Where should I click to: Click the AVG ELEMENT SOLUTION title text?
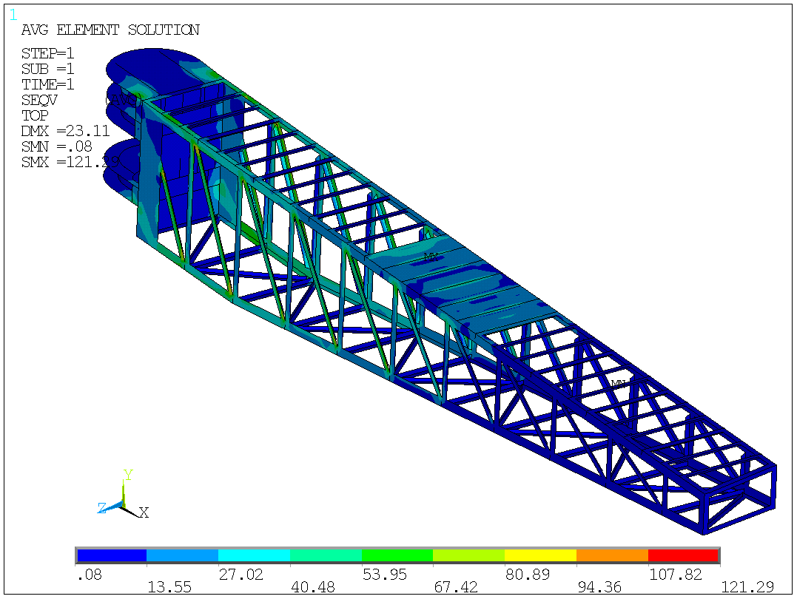point(110,30)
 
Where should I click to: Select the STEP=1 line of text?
point(47,54)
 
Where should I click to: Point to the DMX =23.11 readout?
point(65,131)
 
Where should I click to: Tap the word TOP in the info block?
point(35,115)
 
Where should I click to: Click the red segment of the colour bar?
point(683,555)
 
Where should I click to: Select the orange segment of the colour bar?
point(612,555)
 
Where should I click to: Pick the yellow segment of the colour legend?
point(540,555)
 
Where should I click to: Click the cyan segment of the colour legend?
point(254,555)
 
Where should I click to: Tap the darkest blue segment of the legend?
point(111,555)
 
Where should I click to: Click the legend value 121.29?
point(747,587)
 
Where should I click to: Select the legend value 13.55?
point(170,587)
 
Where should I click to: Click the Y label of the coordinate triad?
point(127,475)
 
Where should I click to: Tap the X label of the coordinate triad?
point(144,512)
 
